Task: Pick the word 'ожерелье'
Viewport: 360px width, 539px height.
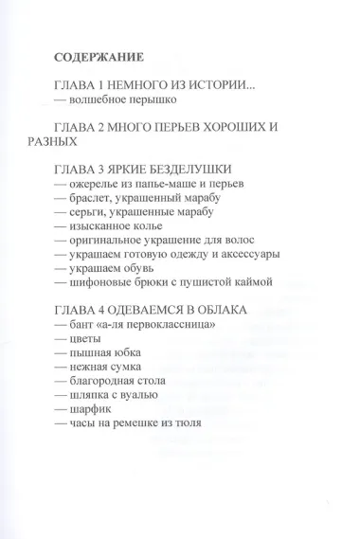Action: pos(93,182)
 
